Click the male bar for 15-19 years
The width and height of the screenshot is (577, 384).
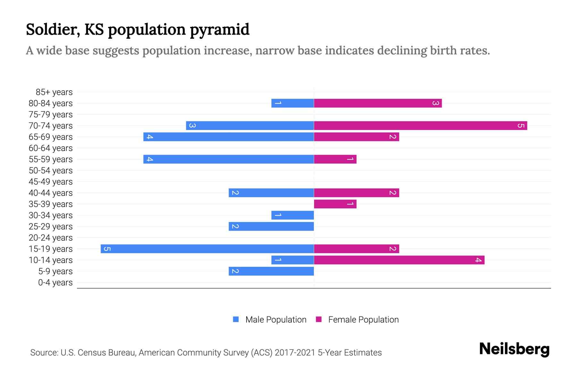click(x=207, y=249)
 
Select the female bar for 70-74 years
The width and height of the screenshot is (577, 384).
click(x=420, y=125)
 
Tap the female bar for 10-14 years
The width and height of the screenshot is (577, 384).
click(x=399, y=260)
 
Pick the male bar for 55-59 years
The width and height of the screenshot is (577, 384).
click(x=228, y=159)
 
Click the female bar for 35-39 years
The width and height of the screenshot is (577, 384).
click(x=335, y=204)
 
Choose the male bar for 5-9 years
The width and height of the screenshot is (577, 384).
click(x=271, y=271)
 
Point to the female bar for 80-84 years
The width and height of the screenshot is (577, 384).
click(x=378, y=103)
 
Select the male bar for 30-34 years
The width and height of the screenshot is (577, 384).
click(x=292, y=215)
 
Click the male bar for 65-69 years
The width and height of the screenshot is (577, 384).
click(x=228, y=137)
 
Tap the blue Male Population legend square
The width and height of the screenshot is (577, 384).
click(x=236, y=319)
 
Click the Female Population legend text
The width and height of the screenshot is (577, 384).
click(x=363, y=319)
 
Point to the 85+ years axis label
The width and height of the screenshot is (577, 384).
click(x=54, y=92)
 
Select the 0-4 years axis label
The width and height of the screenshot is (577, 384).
click(x=55, y=283)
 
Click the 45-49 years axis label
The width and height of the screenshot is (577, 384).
click(x=51, y=182)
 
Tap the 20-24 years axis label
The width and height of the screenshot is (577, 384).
click(x=51, y=238)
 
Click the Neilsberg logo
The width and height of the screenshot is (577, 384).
click(x=514, y=349)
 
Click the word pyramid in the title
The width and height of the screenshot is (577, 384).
click(x=220, y=30)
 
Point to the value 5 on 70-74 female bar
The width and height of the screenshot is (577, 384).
click(x=521, y=125)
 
